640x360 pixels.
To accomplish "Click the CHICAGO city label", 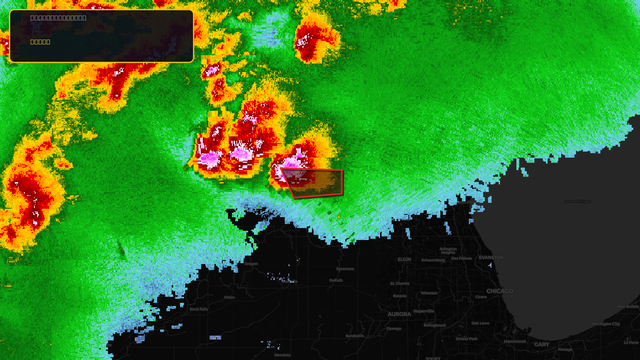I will [500, 291].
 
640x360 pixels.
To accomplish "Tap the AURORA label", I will [399, 314].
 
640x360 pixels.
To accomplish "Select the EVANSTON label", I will [491, 258].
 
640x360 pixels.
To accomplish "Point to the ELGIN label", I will [404, 259].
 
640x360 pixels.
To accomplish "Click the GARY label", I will [542, 344].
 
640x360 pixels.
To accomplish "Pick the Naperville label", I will [424, 311].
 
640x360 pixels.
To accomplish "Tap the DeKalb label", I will [336, 280].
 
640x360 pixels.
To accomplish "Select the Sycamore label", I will [345, 269].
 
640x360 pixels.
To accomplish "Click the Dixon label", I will [230, 297].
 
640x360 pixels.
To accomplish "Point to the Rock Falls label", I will [199, 309].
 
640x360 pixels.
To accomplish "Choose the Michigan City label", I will [606, 324].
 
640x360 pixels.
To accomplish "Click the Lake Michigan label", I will [578, 201].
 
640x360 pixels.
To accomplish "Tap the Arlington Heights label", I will [448, 251].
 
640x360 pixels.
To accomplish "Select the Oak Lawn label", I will [480, 323].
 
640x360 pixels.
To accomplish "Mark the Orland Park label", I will [466, 339].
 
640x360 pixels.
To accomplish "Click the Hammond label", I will [515, 342].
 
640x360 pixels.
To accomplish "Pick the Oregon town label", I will [251, 264].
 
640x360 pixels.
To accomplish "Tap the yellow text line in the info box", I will [40, 42].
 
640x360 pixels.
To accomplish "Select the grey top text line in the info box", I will [58, 18].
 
